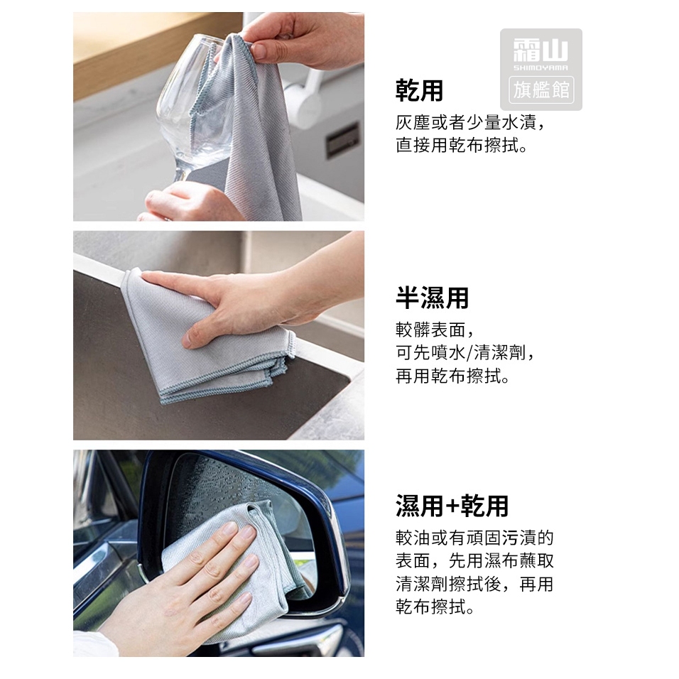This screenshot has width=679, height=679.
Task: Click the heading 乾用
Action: (419, 90)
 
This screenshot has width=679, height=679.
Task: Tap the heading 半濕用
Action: (432, 298)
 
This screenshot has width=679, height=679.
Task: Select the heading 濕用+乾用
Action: (452, 506)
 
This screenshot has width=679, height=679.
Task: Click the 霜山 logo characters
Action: (541, 50)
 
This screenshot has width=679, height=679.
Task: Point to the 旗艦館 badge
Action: (541, 89)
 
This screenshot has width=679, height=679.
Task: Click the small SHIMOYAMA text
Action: (541, 68)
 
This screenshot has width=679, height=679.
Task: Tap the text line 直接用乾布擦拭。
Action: (462, 145)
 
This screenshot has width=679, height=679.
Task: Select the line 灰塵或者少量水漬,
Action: (470, 123)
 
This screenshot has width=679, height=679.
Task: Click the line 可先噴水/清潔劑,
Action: (465, 353)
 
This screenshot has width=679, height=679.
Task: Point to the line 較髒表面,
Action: (435, 330)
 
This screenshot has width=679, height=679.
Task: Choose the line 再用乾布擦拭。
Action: (452, 376)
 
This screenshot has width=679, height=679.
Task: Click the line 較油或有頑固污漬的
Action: (474, 538)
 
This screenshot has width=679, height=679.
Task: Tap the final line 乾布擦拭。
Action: (435, 607)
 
